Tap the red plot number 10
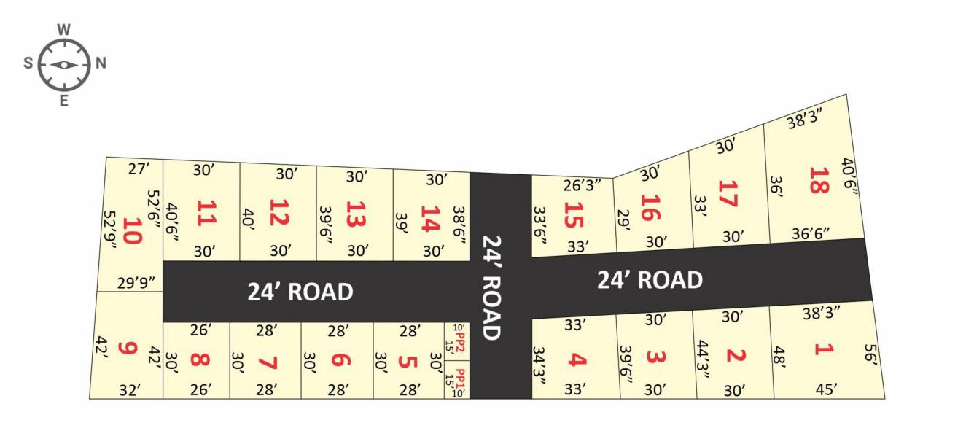(x=132, y=230)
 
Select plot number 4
(x=576, y=359)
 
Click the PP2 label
(x=460, y=339)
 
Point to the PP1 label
(x=460, y=379)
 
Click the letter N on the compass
(x=101, y=63)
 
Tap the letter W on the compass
(x=64, y=30)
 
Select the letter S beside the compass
(x=28, y=63)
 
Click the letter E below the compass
(x=64, y=101)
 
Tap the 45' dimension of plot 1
(x=827, y=390)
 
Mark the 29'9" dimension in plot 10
(x=131, y=283)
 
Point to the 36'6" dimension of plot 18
(x=811, y=233)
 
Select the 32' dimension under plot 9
(x=129, y=390)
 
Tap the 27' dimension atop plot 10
(x=139, y=169)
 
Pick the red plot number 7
(x=268, y=360)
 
